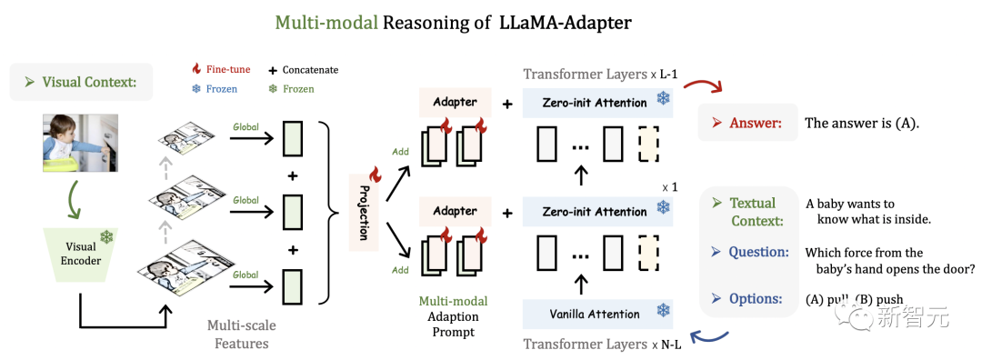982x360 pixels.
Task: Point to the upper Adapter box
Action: point(455,102)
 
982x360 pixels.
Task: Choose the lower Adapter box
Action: point(455,211)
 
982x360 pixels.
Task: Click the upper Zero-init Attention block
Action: point(596,103)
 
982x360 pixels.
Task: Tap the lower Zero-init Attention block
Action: point(596,212)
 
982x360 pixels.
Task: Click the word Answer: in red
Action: point(755,123)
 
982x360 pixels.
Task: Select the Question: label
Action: point(757,252)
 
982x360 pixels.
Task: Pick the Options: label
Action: point(755,298)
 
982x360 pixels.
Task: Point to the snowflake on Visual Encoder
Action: point(107,236)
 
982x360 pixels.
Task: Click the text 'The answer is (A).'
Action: point(862,123)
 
